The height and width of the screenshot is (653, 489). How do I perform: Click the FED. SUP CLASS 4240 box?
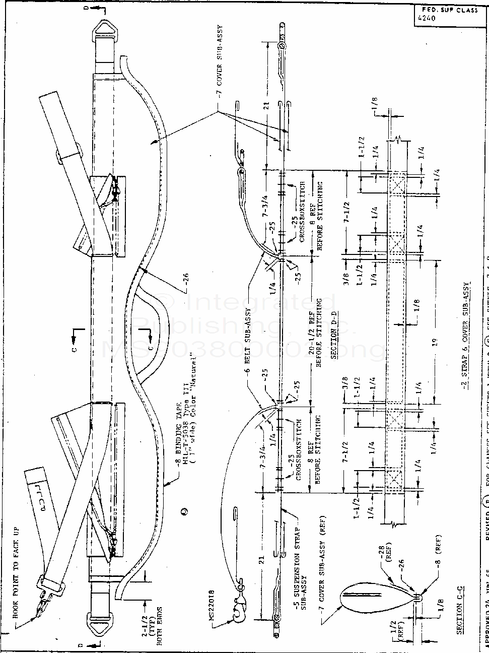click(x=446, y=15)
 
